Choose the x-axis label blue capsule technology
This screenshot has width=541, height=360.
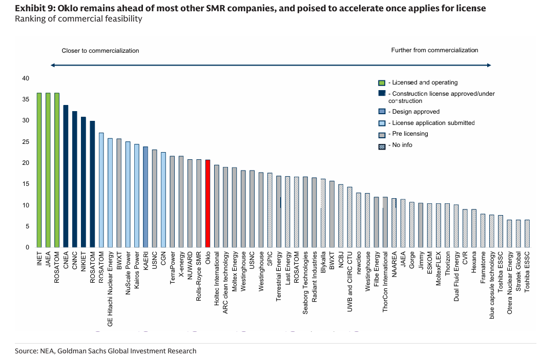[x=492, y=285]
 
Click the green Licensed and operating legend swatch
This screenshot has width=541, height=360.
[x=381, y=82]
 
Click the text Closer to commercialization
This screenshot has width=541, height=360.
[x=100, y=51]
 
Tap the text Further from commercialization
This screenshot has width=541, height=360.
[x=434, y=50]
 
